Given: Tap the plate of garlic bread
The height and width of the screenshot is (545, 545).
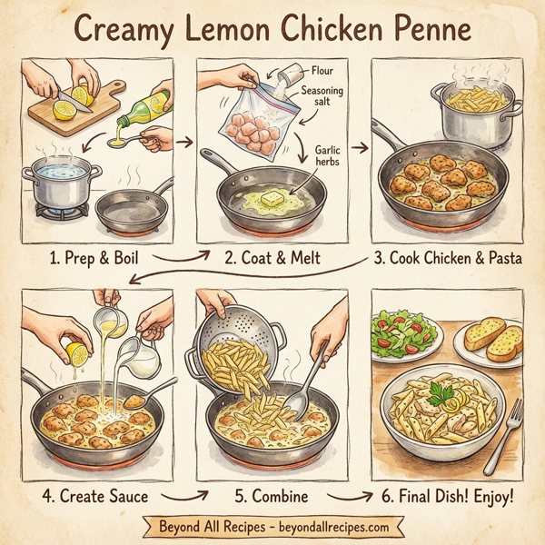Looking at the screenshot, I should tap(490, 343).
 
